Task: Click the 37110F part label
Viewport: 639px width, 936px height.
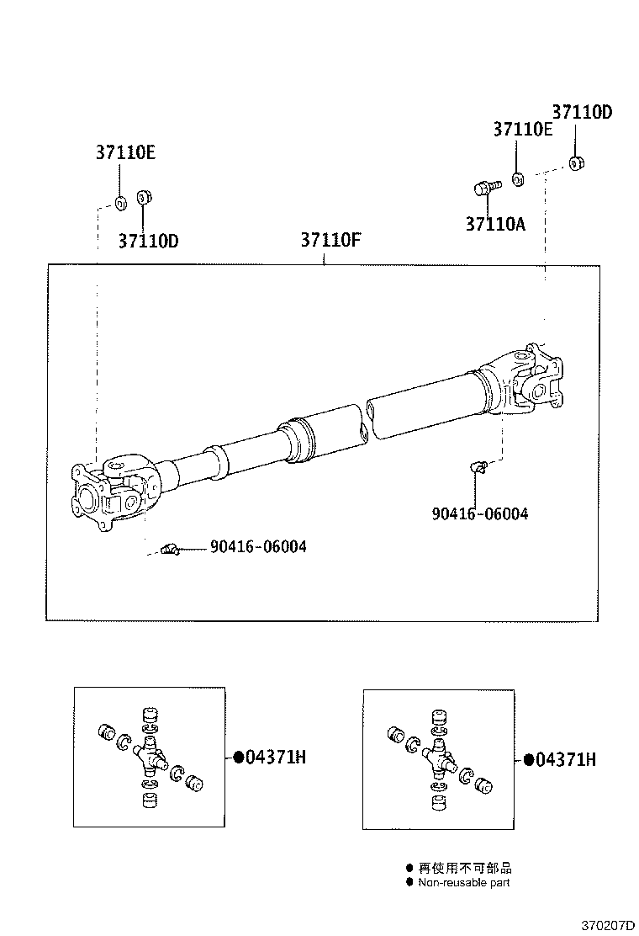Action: tap(330, 240)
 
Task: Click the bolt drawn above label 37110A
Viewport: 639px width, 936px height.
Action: tap(486, 187)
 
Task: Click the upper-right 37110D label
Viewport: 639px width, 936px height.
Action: tap(582, 111)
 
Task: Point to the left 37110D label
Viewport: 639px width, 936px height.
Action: tap(148, 241)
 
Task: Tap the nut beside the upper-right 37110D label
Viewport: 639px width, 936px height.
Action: tap(577, 162)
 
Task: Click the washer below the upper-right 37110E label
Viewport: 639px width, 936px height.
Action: tap(519, 178)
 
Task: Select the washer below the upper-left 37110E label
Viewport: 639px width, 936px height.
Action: tap(120, 202)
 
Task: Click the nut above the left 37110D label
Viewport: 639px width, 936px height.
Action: tap(143, 198)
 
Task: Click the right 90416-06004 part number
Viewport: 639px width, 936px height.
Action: tap(480, 513)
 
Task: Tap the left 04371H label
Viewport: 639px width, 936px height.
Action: tap(269, 758)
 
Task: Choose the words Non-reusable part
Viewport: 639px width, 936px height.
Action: tap(463, 883)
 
